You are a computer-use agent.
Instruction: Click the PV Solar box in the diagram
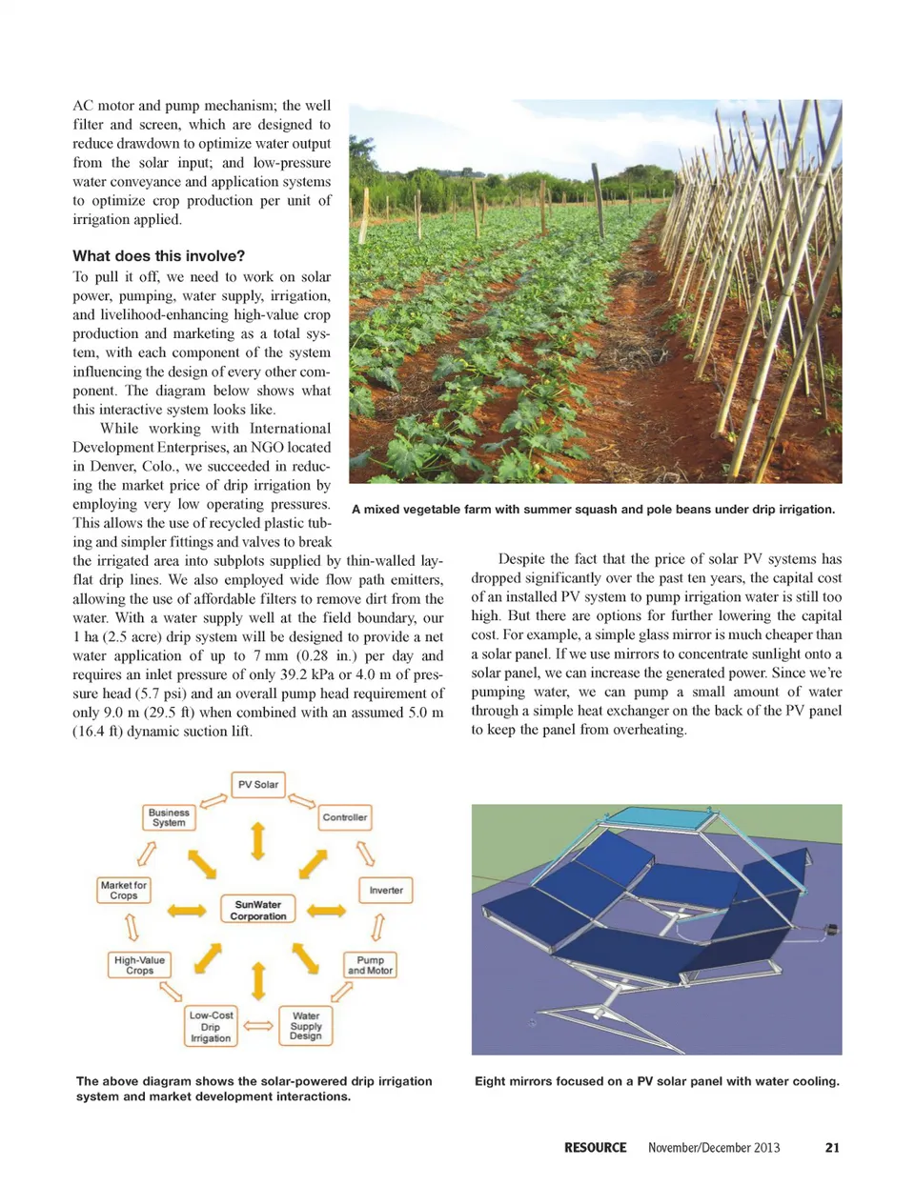[258, 785]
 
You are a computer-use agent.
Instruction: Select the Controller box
[344, 817]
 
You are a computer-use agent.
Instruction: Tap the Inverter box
[386, 891]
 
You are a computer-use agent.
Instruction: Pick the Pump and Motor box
[370, 965]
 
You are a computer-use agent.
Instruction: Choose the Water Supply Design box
[306, 1026]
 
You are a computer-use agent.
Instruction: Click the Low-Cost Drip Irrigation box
[211, 1027]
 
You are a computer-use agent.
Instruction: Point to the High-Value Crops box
[139, 965]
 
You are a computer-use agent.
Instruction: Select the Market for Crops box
[124, 891]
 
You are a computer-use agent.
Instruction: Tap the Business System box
[169, 817]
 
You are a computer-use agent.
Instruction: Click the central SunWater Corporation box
[258, 910]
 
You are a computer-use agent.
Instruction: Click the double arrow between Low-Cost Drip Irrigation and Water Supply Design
[258, 1026]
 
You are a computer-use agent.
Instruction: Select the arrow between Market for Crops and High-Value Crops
[132, 927]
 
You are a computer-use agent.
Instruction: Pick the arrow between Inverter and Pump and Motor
[378, 927]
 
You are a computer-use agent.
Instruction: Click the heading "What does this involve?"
[159, 256]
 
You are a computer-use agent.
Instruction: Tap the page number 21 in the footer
[832, 1148]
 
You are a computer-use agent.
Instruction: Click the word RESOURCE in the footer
[595, 1148]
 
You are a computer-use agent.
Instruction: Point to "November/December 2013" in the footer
[714, 1148]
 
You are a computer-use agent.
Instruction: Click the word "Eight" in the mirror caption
[491, 1081]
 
